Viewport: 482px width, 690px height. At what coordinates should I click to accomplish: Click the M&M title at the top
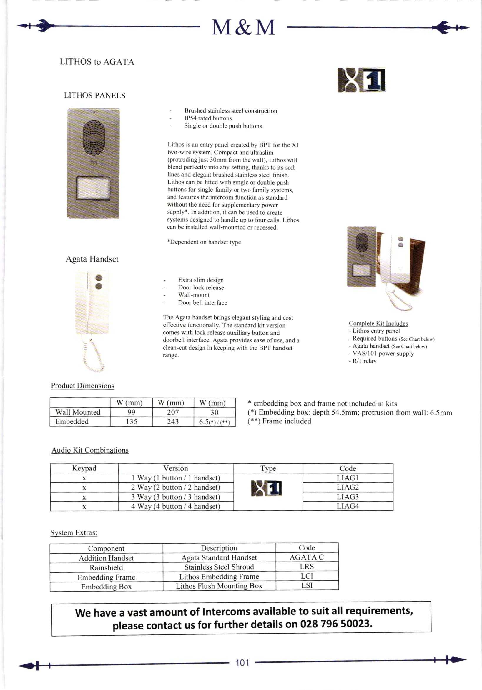(243, 27)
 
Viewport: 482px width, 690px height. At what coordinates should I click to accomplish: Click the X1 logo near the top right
(361, 80)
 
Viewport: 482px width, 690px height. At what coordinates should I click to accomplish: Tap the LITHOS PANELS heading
(94, 96)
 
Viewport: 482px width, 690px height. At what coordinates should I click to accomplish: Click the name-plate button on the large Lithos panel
(94, 188)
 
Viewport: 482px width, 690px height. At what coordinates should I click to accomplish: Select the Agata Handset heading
(92, 259)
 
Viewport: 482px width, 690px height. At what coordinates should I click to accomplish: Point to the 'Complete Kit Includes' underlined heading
(378, 323)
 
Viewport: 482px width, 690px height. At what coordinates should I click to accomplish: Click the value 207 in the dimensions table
(173, 412)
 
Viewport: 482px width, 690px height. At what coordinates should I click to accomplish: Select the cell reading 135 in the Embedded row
(132, 422)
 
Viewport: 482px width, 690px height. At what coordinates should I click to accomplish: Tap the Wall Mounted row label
(78, 412)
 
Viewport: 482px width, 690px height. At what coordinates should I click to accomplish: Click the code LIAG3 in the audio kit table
(348, 497)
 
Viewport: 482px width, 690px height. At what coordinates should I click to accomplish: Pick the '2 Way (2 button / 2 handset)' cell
(175, 487)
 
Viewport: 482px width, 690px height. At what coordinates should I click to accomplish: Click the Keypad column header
(84, 468)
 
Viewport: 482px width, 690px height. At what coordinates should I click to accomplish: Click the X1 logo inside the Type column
(267, 488)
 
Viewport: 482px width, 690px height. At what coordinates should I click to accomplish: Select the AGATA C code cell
(307, 557)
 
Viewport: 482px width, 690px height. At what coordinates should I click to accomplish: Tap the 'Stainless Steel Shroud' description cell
(219, 567)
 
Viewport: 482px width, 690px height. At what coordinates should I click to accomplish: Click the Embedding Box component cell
(106, 586)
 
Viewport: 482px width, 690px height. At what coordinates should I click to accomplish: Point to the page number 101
(242, 663)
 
